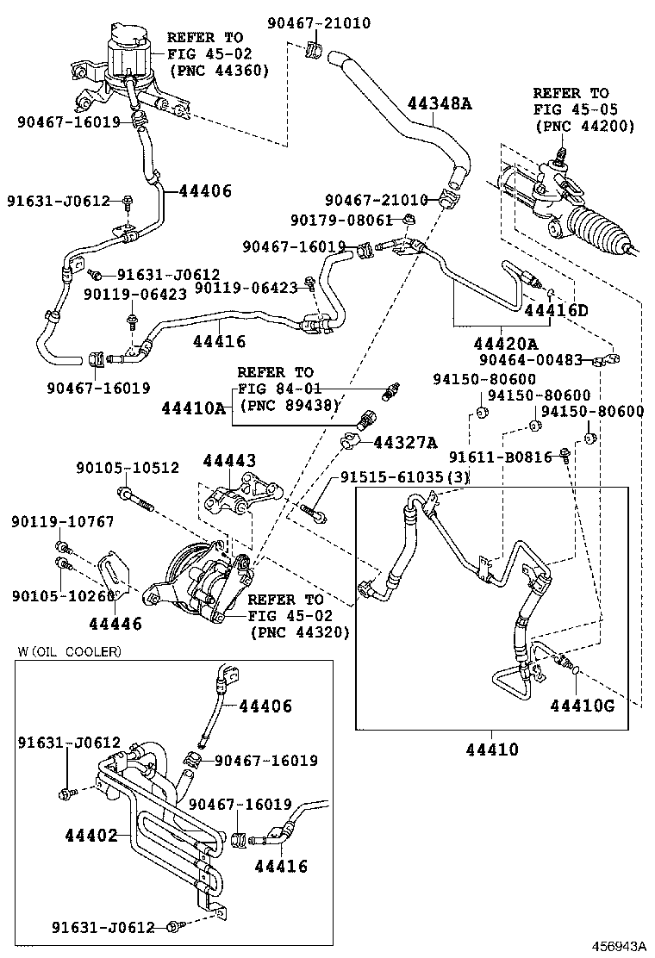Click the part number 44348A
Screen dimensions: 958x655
(x=440, y=104)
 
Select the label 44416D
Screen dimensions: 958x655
(x=556, y=310)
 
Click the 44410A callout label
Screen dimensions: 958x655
(x=194, y=407)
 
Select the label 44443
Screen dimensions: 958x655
(x=229, y=462)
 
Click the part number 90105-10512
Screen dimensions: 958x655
(x=128, y=468)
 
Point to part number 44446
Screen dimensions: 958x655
(x=115, y=622)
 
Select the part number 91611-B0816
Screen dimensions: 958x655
(x=501, y=457)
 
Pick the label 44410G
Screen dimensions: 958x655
(x=583, y=706)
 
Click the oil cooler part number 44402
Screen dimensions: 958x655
(x=90, y=835)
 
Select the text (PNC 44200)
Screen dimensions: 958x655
(x=584, y=126)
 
